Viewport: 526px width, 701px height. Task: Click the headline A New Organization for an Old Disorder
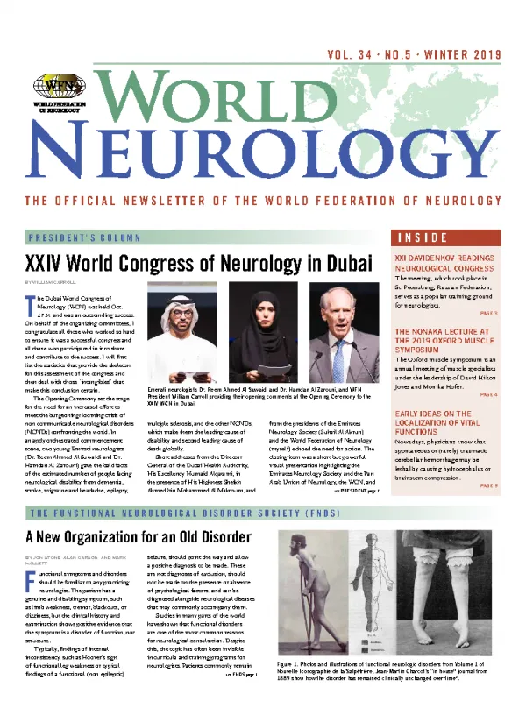pos(138,536)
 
